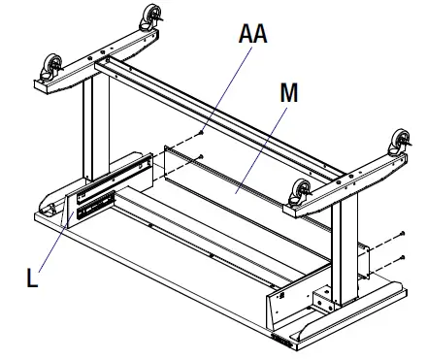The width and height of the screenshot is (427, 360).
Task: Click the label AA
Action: pyautogui.click(x=253, y=35)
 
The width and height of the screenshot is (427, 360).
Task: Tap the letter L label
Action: pyautogui.click(x=35, y=278)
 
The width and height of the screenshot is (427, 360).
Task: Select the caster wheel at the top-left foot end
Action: pyautogui.click(x=48, y=68)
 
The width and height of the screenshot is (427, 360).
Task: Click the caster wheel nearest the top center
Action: pyautogui.click(x=151, y=14)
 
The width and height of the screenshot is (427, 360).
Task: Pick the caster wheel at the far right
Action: pyautogui.click(x=399, y=142)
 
